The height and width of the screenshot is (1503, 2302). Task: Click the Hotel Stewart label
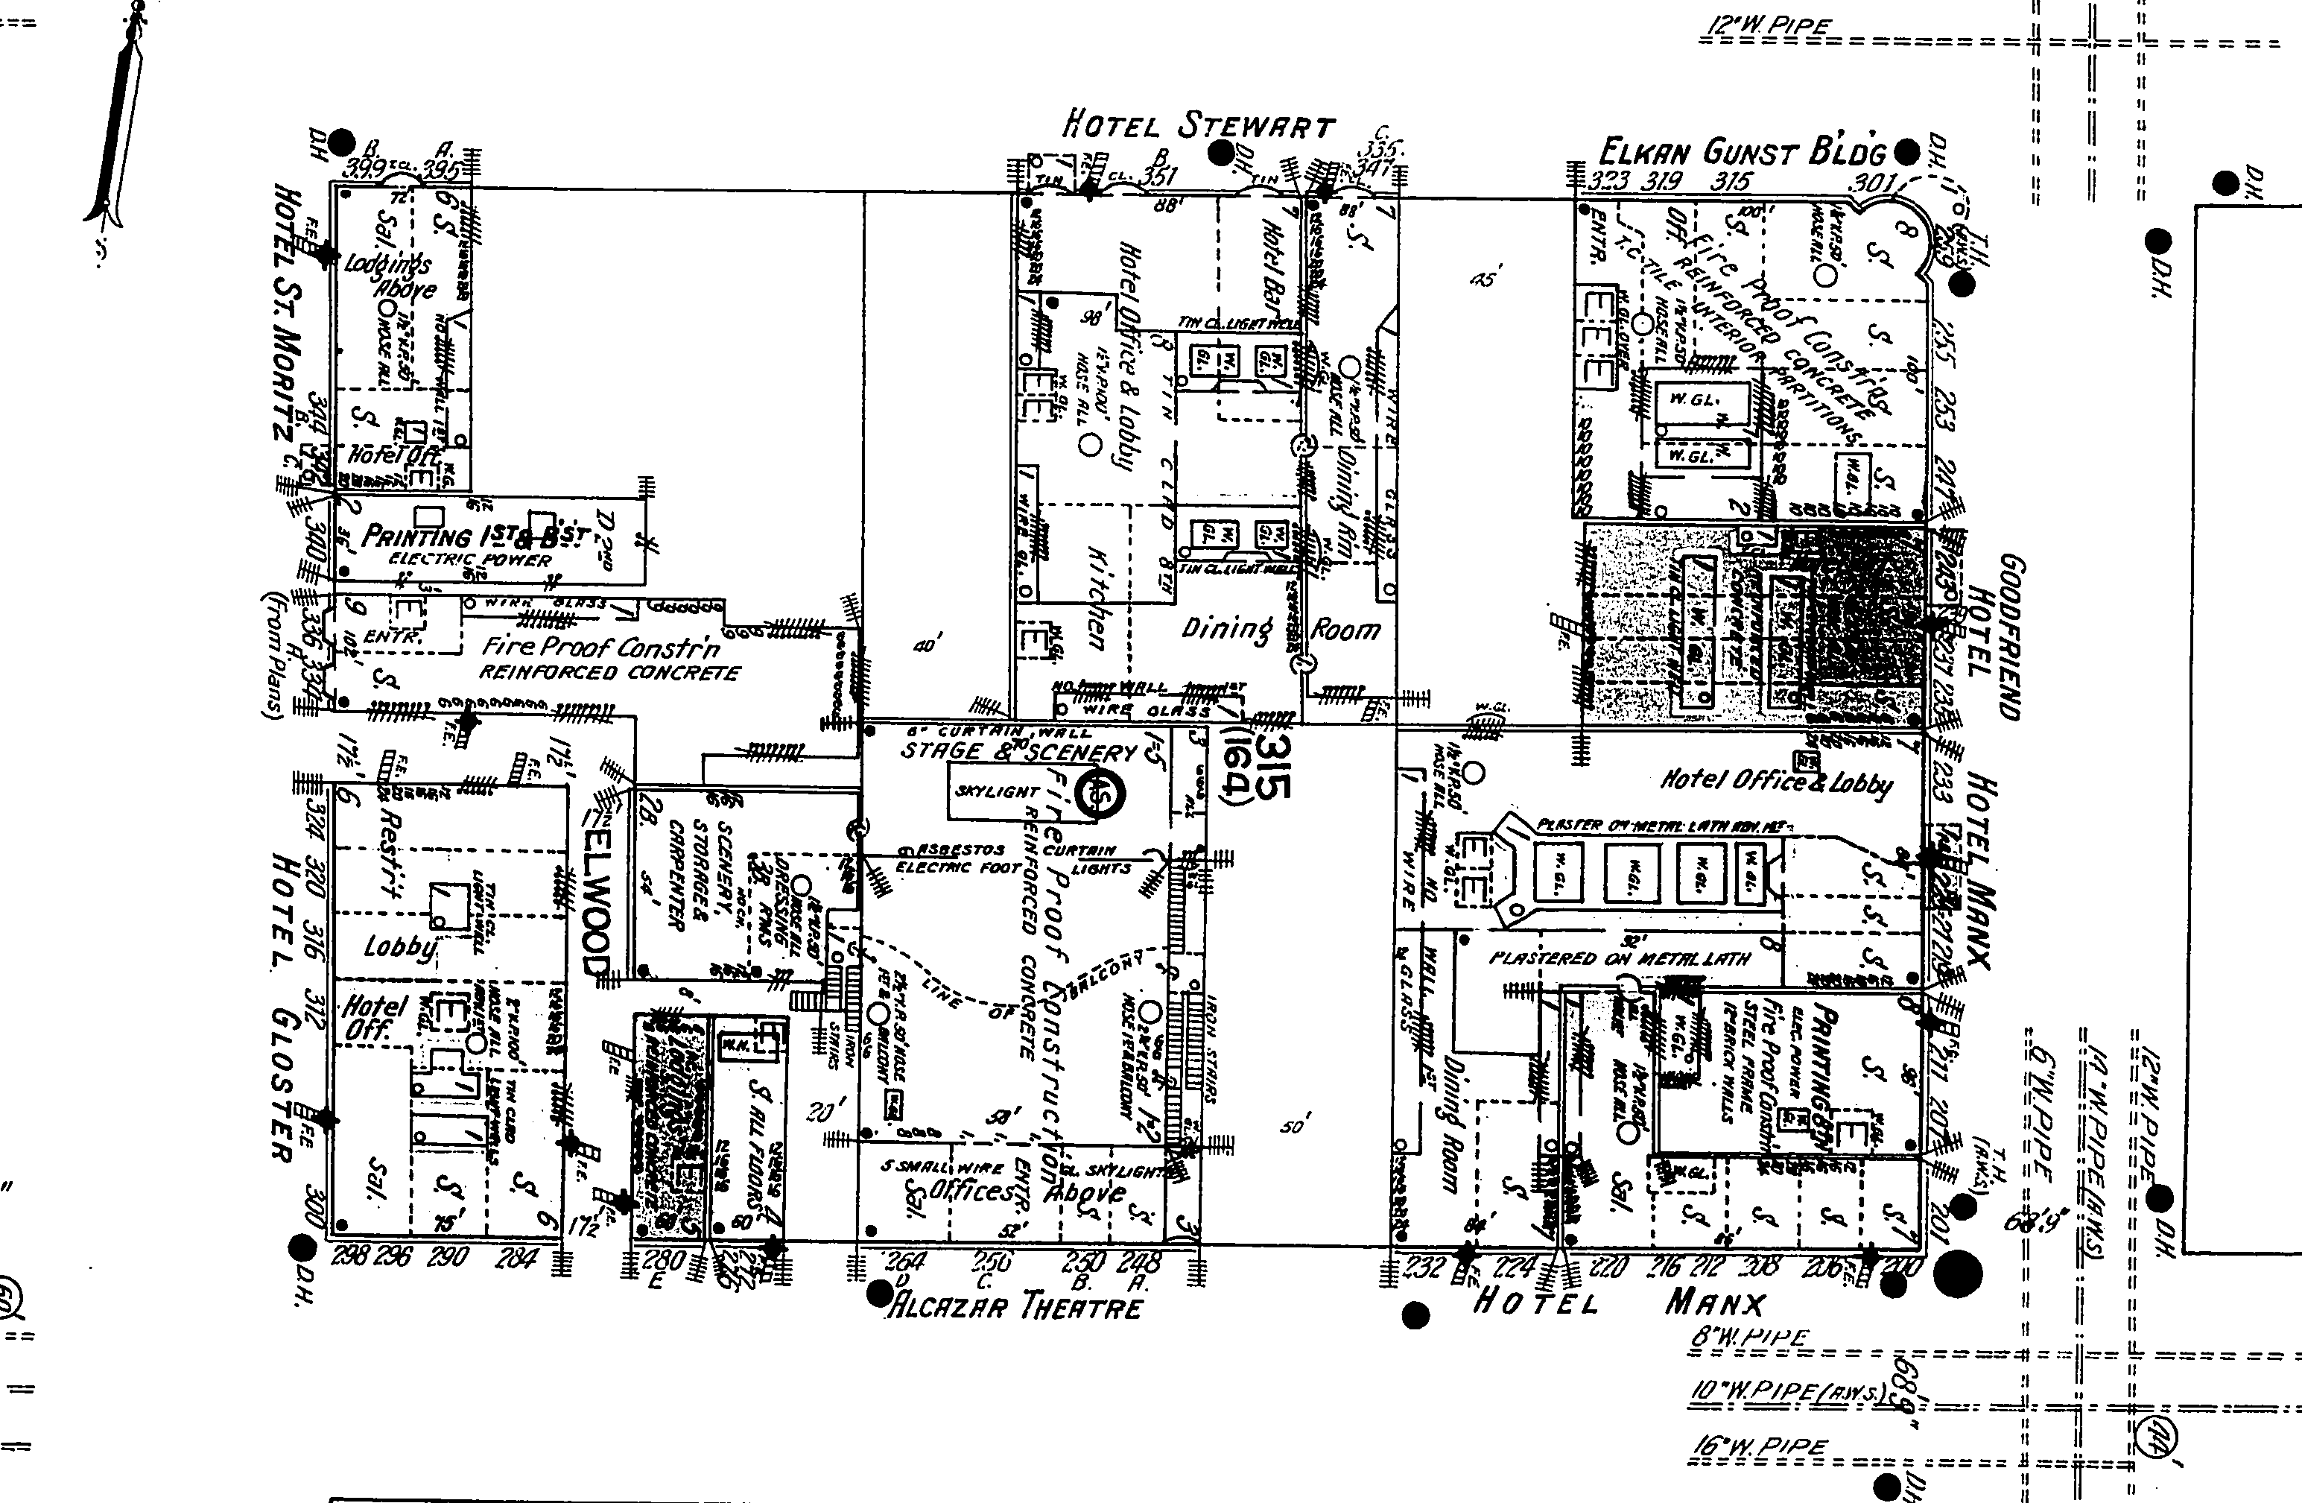[x=1199, y=126]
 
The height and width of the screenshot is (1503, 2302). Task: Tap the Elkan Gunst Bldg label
[x=1742, y=153]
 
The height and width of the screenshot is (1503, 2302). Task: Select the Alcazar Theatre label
[x=1015, y=1308]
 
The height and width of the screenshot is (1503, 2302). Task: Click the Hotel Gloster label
[x=283, y=1007]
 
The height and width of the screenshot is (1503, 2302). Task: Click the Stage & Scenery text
[x=1018, y=750]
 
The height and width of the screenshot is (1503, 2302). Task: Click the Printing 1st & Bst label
[x=474, y=536]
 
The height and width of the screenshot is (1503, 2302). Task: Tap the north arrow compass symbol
[x=121, y=126]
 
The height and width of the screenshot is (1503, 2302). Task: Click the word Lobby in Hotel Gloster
[x=399, y=945]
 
